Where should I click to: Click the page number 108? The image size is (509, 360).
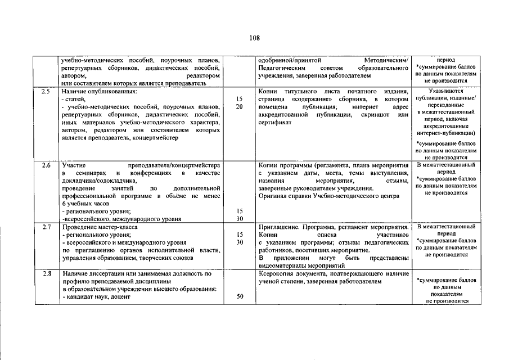click(254, 38)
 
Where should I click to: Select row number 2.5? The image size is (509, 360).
click(46, 91)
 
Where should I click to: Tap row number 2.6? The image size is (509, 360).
click(46, 165)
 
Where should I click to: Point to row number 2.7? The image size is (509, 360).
click(46, 227)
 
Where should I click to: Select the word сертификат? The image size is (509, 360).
click(274, 123)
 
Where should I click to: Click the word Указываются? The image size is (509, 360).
click(445, 91)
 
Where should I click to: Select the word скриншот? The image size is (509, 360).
click(377, 115)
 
